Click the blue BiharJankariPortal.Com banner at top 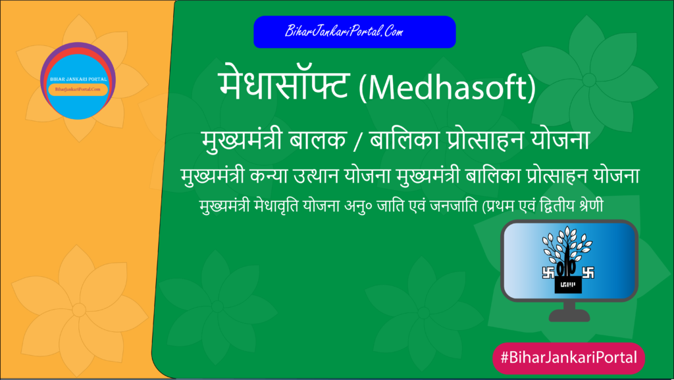tap(354, 32)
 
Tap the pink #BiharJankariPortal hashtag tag tap(569, 358)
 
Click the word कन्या tap(285, 178)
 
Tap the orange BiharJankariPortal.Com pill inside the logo tap(78, 89)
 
